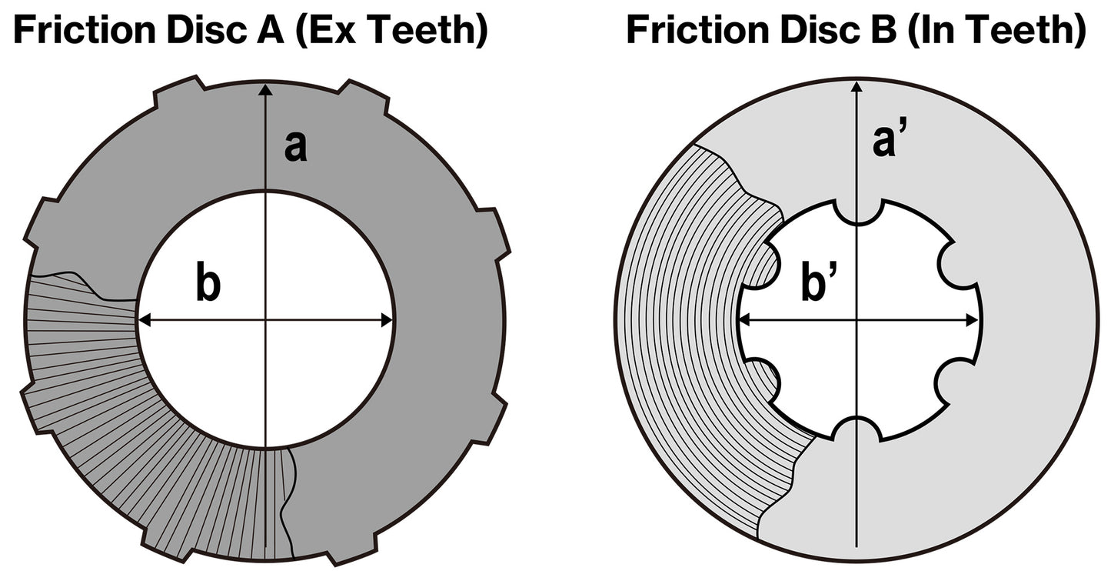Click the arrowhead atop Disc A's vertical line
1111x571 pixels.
point(265,90)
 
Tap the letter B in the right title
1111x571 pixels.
point(883,31)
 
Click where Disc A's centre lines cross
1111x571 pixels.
point(265,321)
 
